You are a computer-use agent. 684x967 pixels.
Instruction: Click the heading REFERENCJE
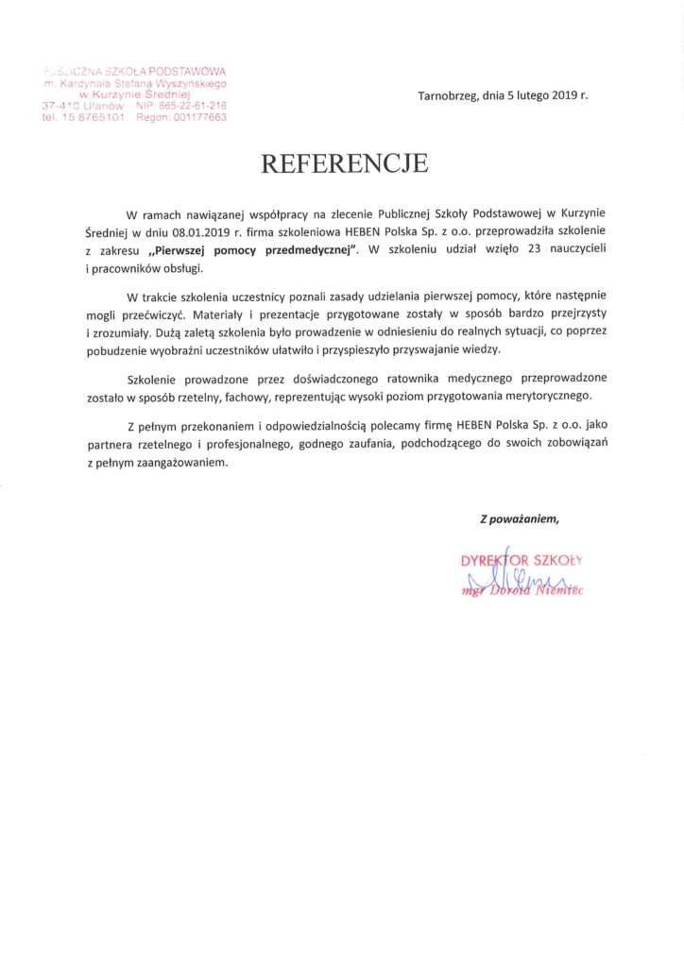coord(344,163)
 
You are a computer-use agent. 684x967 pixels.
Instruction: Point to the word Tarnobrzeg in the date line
coord(449,95)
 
